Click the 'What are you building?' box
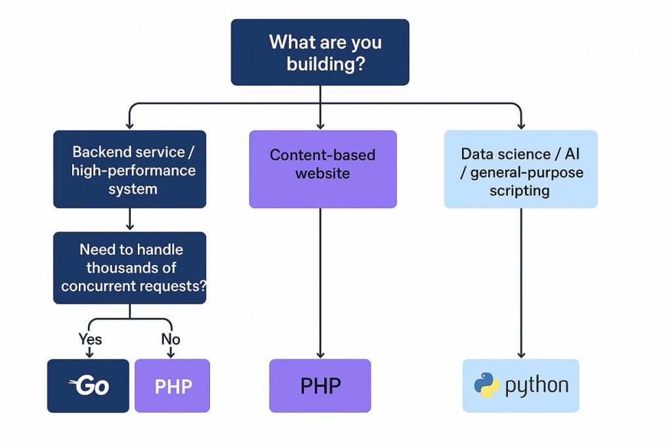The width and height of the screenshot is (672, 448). [320, 52]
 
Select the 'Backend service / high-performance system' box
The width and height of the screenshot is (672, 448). [130, 170]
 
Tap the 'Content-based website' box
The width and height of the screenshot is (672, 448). [323, 169]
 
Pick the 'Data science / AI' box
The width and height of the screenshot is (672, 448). [520, 170]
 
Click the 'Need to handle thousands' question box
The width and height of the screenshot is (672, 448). [130, 268]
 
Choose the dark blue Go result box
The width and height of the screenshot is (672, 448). [88, 386]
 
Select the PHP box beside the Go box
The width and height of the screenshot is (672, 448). [173, 386]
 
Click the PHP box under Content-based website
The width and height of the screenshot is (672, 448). [320, 386]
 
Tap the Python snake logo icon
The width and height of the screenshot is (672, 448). [487, 386]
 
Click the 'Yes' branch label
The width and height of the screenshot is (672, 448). [90, 339]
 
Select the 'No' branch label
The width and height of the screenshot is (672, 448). [171, 339]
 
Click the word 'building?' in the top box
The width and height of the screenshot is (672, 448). [325, 65]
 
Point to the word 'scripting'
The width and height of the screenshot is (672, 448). [519, 191]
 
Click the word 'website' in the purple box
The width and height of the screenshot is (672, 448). [322, 174]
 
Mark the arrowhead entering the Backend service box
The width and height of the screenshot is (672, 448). [130, 124]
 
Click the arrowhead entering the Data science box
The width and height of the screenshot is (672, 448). [521, 124]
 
